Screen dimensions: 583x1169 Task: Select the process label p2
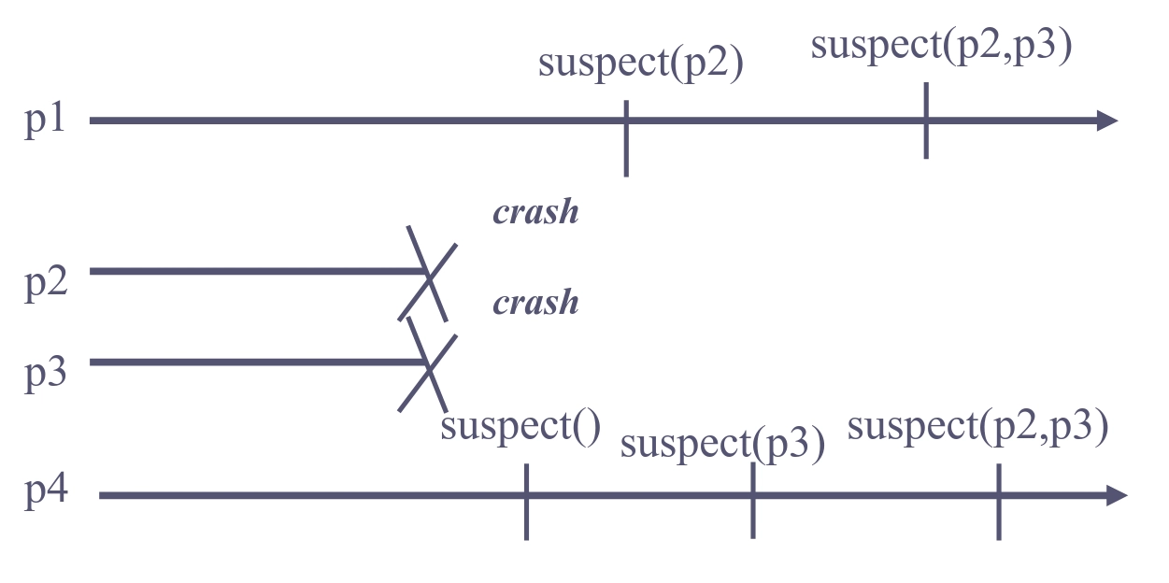46,282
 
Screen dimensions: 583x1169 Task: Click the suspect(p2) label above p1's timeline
640,65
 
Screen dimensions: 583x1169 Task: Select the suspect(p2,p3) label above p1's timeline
940,46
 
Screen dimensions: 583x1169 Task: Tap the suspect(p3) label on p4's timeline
722,444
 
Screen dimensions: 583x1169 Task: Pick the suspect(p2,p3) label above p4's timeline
977,426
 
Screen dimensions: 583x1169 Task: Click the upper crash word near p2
535,213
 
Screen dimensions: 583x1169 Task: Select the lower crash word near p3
535,303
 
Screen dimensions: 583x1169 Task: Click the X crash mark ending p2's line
428,274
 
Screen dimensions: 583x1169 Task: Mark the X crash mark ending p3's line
428,364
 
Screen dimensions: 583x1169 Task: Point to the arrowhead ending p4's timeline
1117,496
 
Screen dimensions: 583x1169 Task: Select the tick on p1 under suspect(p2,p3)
926,121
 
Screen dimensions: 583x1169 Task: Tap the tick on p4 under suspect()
527,501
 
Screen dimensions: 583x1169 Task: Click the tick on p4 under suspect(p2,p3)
998,501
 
